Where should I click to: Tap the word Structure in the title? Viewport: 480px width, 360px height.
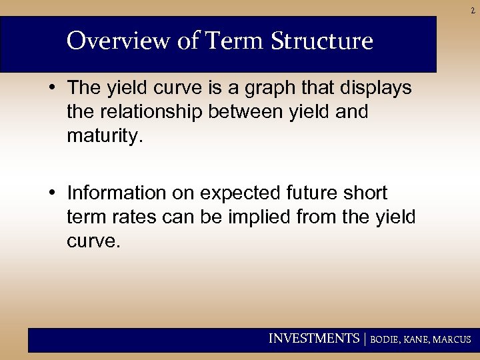(x=322, y=41)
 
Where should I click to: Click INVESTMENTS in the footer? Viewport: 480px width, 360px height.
(x=313, y=339)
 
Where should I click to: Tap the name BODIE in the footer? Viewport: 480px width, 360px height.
(x=385, y=339)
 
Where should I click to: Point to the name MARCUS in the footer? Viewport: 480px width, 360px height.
(x=452, y=339)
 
